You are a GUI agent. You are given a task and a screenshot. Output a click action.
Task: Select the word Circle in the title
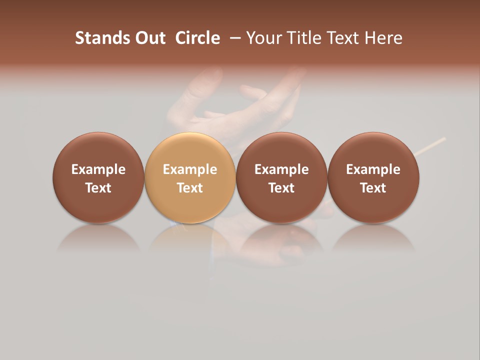coord(197,38)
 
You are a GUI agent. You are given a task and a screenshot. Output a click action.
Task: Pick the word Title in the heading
coord(303,38)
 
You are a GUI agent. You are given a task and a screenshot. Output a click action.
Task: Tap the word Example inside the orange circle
coord(190,169)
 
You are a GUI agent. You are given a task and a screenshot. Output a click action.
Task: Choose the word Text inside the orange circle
coord(190,188)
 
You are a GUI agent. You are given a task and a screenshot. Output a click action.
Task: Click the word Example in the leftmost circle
coord(98,169)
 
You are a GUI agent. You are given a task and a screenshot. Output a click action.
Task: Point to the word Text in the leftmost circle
coord(98,188)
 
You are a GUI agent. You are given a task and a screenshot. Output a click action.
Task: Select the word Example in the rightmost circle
coord(373,169)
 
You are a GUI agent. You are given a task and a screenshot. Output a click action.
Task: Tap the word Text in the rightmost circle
coord(373,188)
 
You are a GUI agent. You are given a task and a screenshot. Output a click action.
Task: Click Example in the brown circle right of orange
coord(281,169)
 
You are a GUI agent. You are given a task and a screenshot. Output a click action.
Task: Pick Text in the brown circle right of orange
coord(281,188)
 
